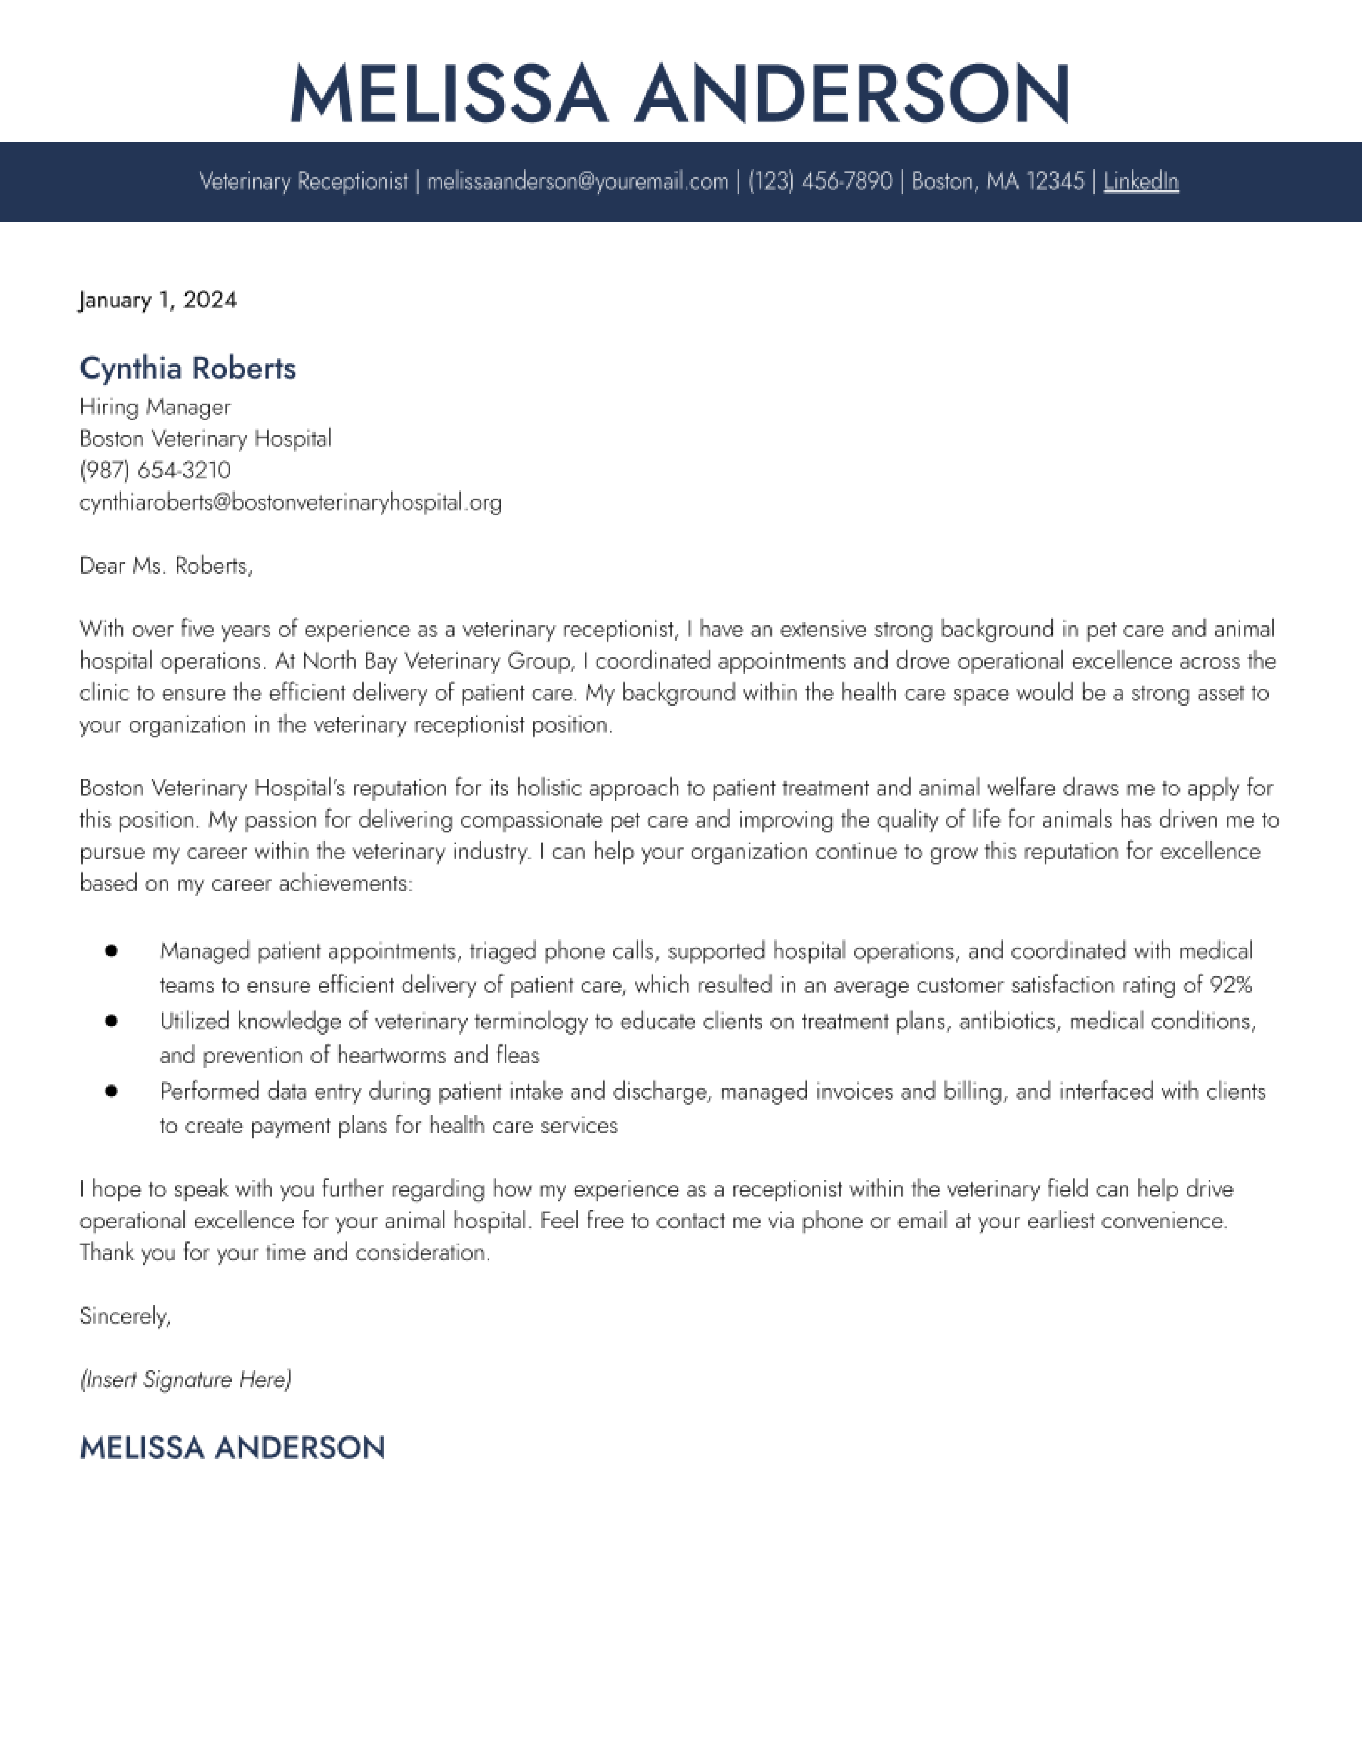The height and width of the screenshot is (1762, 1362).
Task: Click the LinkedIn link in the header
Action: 1140,182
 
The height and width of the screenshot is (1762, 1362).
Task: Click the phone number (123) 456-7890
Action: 820,182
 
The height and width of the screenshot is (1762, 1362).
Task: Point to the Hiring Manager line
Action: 155,407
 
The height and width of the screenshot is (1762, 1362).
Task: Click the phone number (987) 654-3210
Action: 155,470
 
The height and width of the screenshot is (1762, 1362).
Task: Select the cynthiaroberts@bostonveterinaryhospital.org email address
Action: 291,502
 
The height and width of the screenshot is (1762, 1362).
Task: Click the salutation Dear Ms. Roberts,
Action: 166,567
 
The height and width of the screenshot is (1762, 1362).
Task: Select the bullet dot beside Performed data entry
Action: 111,1091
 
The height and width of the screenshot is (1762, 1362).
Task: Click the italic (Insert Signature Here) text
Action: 185,1380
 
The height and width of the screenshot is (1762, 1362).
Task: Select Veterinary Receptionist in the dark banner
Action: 303,182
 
